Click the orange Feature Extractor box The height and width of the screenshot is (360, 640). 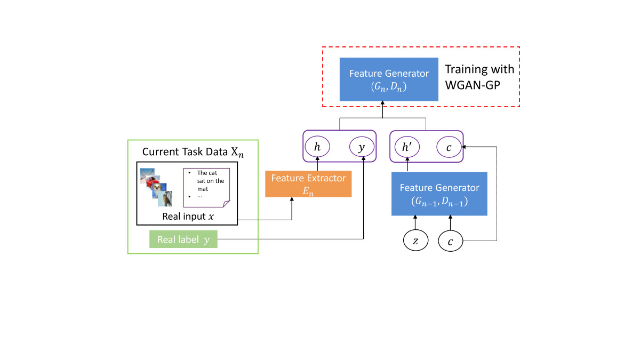point(308,184)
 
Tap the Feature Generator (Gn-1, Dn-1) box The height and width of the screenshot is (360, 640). point(439,194)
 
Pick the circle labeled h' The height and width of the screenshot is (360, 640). point(407,147)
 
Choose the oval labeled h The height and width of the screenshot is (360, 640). point(317,147)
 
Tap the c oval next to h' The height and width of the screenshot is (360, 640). point(449,147)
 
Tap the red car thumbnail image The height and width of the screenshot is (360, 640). point(156,185)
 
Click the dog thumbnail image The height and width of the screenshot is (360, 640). point(166,198)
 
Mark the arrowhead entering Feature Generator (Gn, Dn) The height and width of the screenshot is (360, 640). point(382,106)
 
